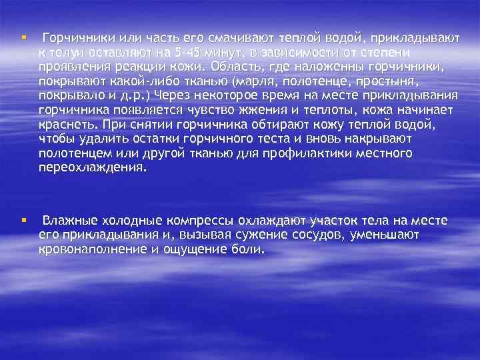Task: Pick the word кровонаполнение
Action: pyautogui.click(x=95, y=249)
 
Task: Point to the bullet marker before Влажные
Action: pyautogui.click(x=23, y=220)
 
